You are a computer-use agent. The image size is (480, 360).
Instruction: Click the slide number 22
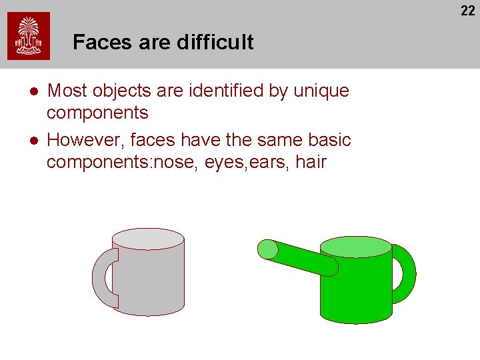click(x=468, y=10)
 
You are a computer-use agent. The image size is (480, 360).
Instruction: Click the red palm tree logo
click(x=28, y=37)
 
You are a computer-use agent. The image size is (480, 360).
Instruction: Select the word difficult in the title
click(x=215, y=42)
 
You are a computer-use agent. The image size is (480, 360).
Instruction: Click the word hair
click(x=310, y=162)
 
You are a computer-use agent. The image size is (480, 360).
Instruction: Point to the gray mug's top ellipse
click(x=147, y=239)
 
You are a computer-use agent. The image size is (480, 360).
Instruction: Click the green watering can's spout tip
click(x=267, y=249)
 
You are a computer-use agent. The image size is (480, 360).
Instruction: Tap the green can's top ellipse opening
click(x=355, y=247)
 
